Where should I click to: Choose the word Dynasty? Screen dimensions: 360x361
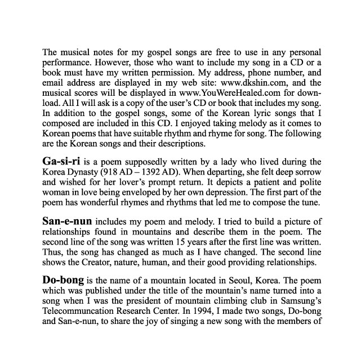coord(89,173)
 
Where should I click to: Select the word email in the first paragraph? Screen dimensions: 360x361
coord(55,83)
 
